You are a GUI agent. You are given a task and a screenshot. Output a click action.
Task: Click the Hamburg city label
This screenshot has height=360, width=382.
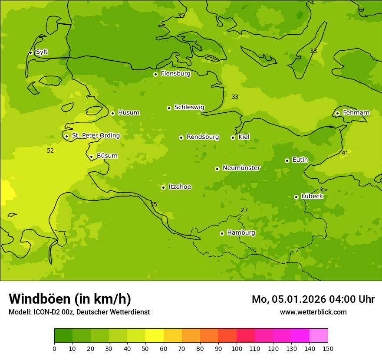coord(241,233)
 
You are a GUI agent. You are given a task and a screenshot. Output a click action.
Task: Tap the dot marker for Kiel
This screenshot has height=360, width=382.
coord(233,137)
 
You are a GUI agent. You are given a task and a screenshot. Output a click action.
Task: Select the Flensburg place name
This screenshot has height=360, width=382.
coord(175,74)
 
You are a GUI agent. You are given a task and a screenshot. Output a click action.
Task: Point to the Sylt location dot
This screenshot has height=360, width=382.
coord(30,52)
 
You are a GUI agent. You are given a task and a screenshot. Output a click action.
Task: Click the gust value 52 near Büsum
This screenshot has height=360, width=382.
coord(50,151)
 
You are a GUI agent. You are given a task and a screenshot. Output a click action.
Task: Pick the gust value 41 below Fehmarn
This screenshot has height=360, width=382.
coord(345,154)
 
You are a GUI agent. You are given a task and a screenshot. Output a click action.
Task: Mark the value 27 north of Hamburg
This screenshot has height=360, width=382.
coord(244,210)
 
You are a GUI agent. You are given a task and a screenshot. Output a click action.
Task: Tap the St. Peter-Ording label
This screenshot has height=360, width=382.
coord(95,136)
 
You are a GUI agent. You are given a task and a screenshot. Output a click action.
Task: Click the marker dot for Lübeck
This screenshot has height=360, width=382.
coord(296,197)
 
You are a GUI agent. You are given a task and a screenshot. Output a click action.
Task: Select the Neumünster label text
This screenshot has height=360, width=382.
coord(241,168)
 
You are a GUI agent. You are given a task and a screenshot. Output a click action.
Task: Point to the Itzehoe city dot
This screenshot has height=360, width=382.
coord(163,187)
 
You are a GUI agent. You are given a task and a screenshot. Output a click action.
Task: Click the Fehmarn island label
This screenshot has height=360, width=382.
coord(356,113)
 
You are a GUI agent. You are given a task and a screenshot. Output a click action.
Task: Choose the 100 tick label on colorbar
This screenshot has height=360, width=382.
coord(237,348)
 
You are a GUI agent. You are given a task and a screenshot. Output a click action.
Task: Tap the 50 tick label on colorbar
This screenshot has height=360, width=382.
coord(145,348)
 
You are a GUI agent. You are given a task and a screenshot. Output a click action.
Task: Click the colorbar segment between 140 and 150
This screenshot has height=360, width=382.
coord(319,336)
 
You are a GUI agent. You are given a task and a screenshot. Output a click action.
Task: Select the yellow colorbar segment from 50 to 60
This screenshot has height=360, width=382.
coord(155,336)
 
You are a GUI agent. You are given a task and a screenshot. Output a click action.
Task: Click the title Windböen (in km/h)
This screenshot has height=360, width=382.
coord(70,299)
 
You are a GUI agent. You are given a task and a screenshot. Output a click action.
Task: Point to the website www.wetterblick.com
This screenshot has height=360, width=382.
coord(313,312)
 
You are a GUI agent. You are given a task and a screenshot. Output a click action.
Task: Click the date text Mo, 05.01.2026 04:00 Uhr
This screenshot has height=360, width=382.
coord(313,299)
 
